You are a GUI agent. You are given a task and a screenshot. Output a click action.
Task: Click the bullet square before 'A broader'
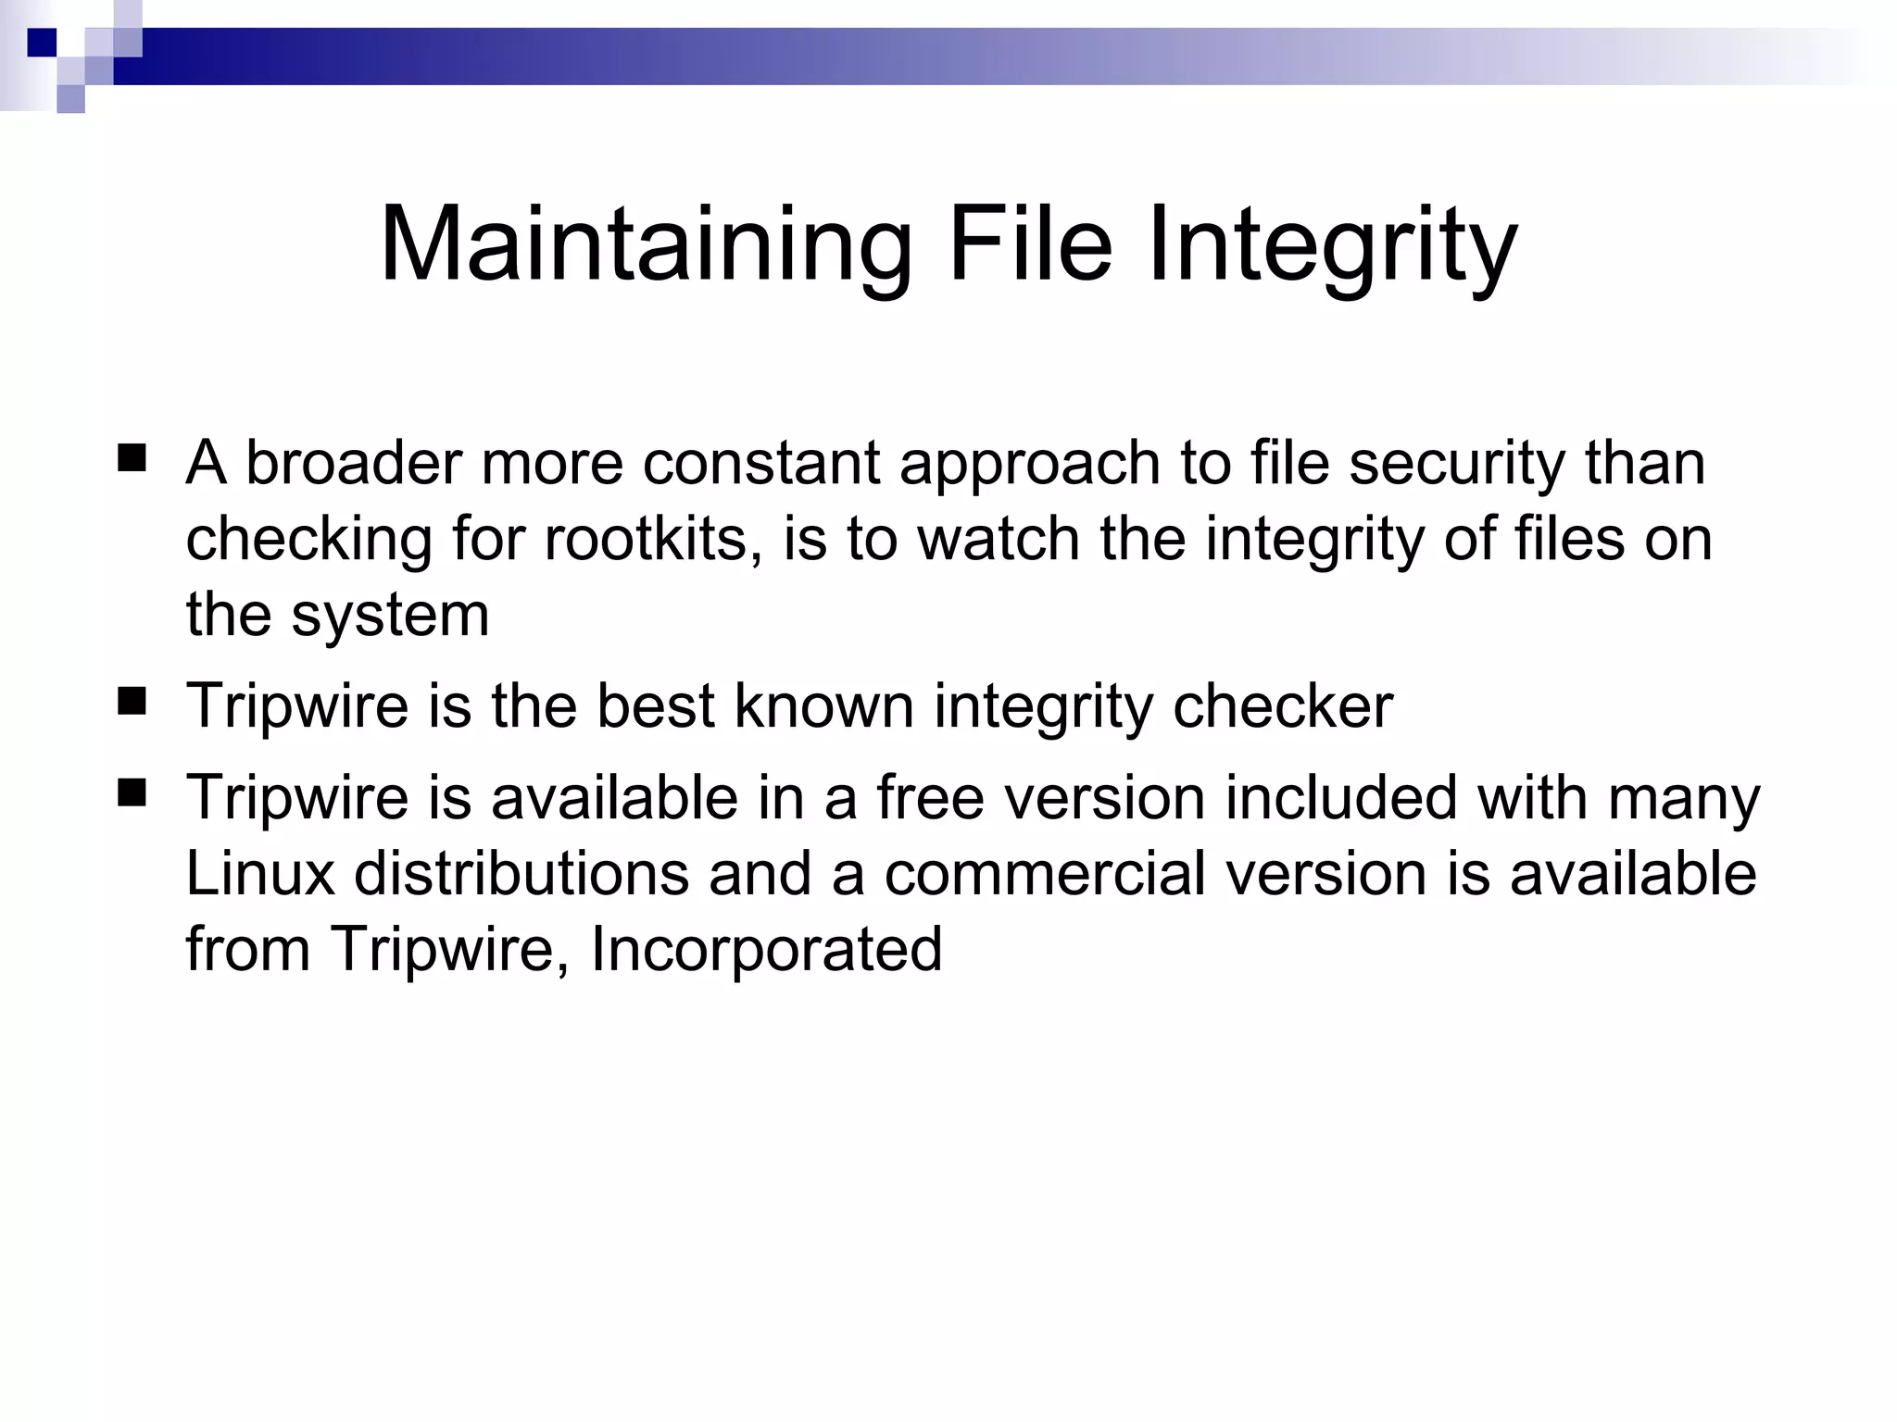click(132, 458)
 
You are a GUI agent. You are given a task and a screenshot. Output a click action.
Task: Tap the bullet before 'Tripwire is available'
click(132, 792)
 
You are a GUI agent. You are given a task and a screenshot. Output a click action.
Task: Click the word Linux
click(260, 873)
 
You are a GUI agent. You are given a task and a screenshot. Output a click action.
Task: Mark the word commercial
click(1045, 873)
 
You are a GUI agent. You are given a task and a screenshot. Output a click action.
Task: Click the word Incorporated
click(766, 949)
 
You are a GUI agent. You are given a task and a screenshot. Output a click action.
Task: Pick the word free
click(929, 797)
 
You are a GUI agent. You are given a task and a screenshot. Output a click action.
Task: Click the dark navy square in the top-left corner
click(42, 43)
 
